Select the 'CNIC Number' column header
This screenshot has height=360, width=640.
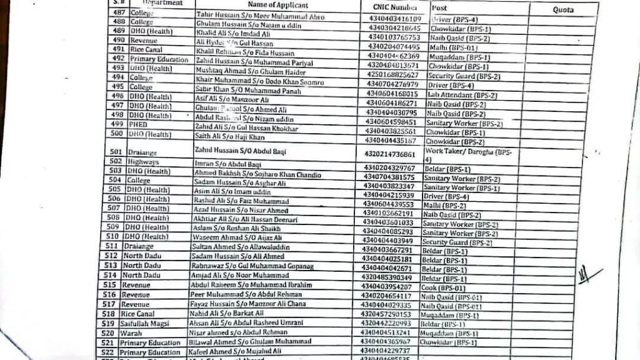391,7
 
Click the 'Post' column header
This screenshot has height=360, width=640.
439,7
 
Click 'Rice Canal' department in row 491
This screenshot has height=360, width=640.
146,48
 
